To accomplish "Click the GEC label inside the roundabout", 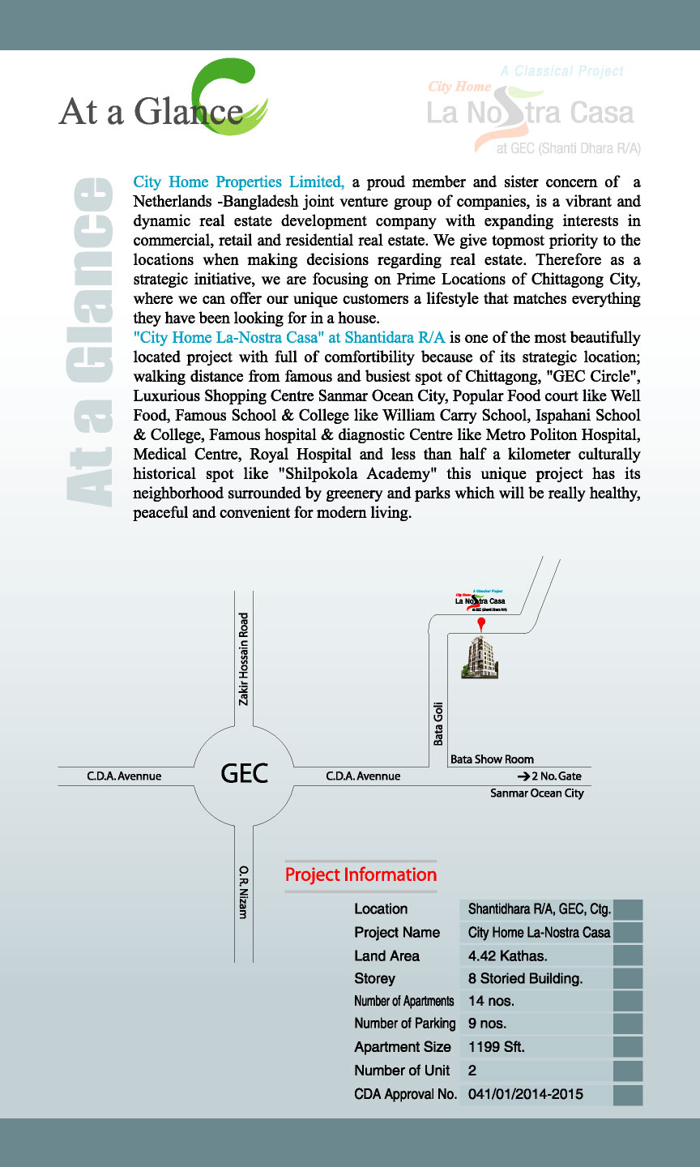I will tap(244, 773).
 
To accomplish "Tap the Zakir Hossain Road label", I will tap(244, 658).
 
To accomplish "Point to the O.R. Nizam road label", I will tap(243, 892).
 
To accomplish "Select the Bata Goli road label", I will tap(438, 723).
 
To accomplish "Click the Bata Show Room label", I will tap(492, 759).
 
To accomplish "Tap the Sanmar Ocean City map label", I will tap(536, 793).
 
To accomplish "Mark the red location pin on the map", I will tap(481, 624).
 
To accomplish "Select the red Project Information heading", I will tap(361, 875).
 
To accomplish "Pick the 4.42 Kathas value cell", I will tap(508, 956).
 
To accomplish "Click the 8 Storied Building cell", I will tap(525, 979).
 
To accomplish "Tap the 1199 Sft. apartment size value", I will tap(497, 1047).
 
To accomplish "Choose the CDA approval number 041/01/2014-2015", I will tap(526, 1094).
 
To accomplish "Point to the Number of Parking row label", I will tap(404, 1024).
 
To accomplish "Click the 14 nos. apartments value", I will tap(491, 1002).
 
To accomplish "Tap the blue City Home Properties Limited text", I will tap(239, 182).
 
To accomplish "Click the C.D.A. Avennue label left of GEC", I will tap(124, 776).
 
